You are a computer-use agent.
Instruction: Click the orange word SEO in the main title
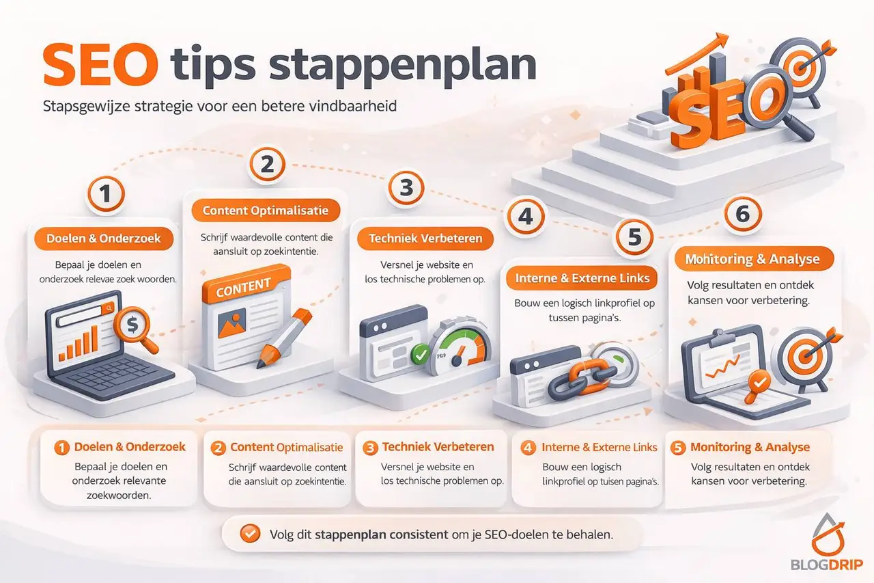99,64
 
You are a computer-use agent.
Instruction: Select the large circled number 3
406,188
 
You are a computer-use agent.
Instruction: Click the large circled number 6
742,215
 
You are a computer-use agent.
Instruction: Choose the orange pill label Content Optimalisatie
266,211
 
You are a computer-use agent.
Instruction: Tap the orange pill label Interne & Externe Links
582,278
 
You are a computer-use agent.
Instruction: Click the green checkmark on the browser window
418,354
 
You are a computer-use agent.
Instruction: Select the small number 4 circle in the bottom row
528,448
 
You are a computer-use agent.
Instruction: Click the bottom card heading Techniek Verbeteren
438,447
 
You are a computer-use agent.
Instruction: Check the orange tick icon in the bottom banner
251,534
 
